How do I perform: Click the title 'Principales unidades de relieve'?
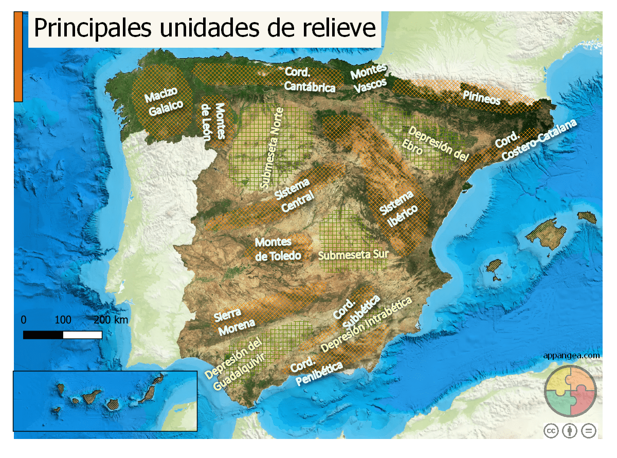pos(205,28)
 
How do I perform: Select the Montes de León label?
pos(213,121)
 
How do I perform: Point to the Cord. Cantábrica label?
pos(310,80)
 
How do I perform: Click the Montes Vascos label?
pos(369,79)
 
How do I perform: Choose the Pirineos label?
pos(481,97)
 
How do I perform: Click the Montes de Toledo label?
pos(277,249)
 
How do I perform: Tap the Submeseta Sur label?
pos(353,254)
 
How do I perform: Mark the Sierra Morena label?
pos(233,320)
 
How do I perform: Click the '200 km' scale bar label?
pos(111,320)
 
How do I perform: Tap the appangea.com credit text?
pos(571,355)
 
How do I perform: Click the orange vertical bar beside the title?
pos(18,57)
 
